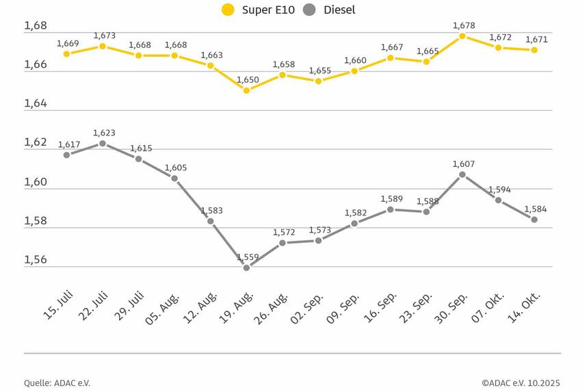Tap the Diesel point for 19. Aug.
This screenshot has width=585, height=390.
click(246, 268)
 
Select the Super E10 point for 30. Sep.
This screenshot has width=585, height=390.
click(463, 36)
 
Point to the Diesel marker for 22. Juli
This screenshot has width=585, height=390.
click(103, 144)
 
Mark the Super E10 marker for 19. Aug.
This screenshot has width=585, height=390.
click(246, 90)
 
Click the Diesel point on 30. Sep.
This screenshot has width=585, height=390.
click(463, 174)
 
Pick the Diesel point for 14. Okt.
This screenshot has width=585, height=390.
click(534, 220)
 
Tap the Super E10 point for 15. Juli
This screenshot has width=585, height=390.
click(66, 53)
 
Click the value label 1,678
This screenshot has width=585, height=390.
click(464, 26)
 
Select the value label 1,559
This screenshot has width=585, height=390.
click(248, 257)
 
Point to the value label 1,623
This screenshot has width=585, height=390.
click(105, 133)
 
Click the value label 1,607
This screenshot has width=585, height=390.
click(464, 164)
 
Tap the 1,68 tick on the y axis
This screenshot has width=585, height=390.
click(35, 26)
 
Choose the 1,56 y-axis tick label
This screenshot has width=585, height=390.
click(35, 260)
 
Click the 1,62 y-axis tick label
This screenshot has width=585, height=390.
click(35, 143)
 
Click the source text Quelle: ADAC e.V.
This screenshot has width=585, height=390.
click(57, 383)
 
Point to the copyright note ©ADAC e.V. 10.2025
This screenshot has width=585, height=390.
click(520, 383)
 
